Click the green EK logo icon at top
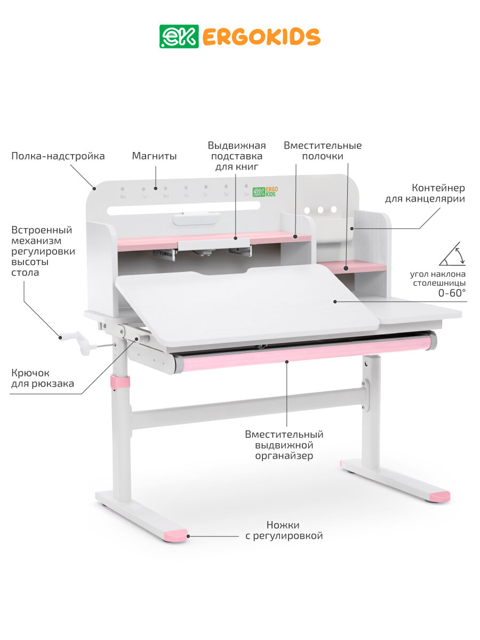coord(179,36)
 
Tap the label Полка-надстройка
coord(58,156)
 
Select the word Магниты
coord(154,156)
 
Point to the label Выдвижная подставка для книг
coord(237,156)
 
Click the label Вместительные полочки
coord(322,150)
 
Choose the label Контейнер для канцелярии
coord(425,193)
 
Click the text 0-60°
coord(451,292)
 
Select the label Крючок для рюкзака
coord(42,378)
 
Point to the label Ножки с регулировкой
coord(284,530)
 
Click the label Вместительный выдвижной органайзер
coord(284,445)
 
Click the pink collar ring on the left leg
coord(119,381)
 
